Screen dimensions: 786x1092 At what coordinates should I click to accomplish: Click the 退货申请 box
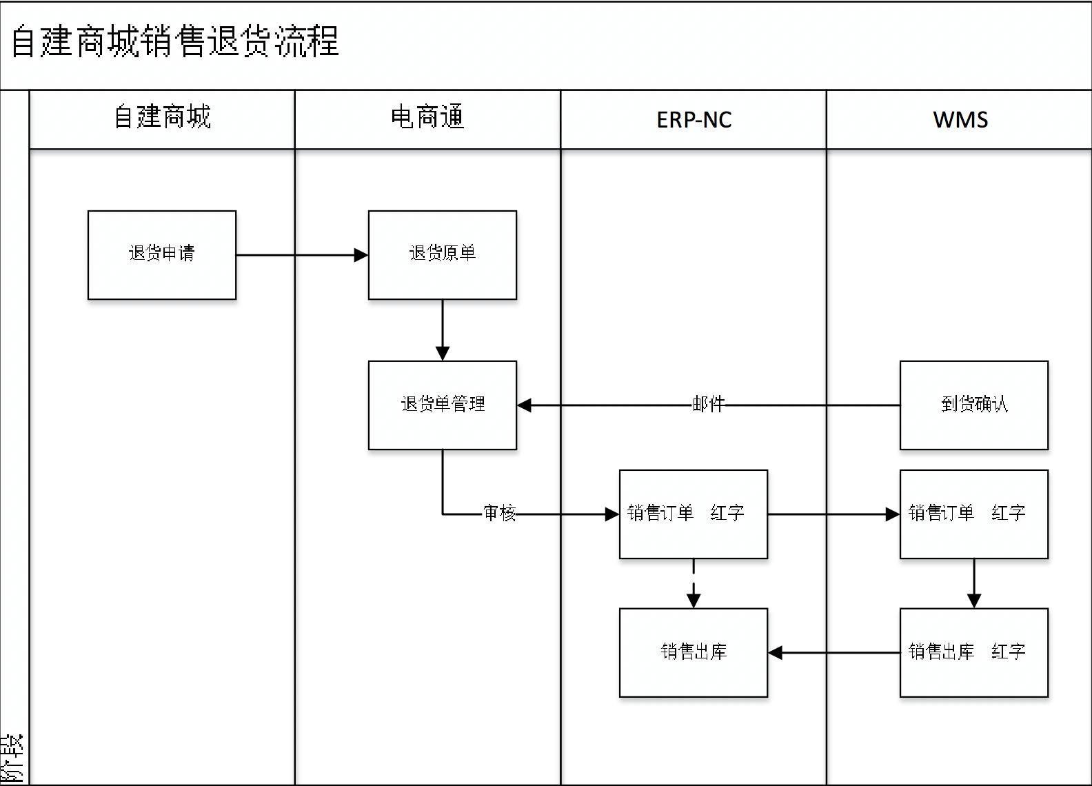click(x=162, y=255)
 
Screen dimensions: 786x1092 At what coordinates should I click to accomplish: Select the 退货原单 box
click(x=442, y=255)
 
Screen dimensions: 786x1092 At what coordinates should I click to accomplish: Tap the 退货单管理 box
click(x=442, y=405)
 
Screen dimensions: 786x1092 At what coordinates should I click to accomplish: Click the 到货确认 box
click(x=973, y=405)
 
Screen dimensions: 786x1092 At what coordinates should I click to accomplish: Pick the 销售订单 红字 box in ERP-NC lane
click(x=693, y=514)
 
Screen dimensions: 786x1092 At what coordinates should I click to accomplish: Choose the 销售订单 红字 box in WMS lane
click(x=973, y=514)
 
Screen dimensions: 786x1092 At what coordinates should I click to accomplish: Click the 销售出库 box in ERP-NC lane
click(x=693, y=652)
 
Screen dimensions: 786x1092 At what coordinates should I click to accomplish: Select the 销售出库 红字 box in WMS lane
click(x=973, y=652)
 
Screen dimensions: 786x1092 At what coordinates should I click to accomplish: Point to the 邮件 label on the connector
click(x=708, y=405)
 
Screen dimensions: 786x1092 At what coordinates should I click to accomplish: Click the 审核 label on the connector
click(x=499, y=513)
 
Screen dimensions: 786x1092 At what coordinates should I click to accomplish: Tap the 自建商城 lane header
click(x=162, y=119)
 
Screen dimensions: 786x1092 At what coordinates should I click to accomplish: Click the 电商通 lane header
click(x=427, y=119)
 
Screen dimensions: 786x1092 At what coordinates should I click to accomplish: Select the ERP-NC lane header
click(x=694, y=119)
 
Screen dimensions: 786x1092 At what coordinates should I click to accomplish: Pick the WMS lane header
click(x=960, y=119)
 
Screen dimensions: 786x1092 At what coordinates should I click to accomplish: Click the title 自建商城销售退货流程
click(x=175, y=42)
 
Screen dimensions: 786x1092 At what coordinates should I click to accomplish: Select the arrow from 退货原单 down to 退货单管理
click(x=443, y=330)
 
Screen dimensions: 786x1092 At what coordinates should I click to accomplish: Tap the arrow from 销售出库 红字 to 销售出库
click(x=833, y=652)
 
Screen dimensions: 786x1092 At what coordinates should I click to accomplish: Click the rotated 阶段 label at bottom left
click(x=13, y=758)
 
